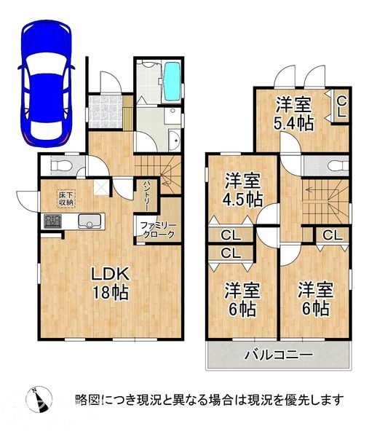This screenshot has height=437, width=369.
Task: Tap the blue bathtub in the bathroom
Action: click(172, 82)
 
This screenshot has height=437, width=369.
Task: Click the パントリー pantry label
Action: click(147, 194)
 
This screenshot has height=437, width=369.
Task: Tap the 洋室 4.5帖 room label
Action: click(241, 189)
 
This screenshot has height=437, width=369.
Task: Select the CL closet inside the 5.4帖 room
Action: click(340, 106)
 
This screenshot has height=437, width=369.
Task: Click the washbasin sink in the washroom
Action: click(174, 139)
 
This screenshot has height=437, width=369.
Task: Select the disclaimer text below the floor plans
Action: click(209, 400)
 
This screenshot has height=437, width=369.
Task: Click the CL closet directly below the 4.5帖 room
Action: click(227, 235)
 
